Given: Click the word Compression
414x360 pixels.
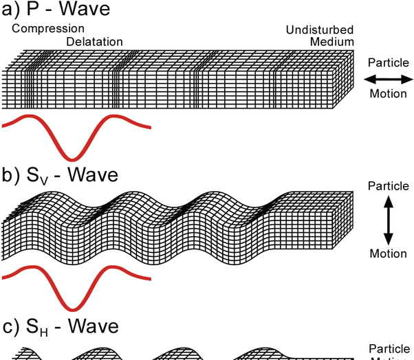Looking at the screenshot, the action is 48,29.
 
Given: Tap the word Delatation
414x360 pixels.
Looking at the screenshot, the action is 95,42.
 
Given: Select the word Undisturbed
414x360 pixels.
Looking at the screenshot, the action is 320,30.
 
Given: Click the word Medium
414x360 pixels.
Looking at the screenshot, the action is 331,42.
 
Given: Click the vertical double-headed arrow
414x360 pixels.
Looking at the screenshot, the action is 388,220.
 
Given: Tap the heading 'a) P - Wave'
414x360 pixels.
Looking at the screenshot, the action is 56,10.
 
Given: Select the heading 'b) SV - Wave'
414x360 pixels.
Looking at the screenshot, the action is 60,176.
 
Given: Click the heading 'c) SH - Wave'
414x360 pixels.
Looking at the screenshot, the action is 61,327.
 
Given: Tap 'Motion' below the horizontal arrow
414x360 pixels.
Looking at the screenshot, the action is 389,93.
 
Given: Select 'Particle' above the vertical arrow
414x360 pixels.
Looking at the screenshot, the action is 389,186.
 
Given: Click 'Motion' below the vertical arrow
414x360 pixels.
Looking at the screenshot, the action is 389,254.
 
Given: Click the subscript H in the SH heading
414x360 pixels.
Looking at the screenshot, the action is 44,332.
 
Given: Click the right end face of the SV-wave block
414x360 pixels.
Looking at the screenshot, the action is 349,220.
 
